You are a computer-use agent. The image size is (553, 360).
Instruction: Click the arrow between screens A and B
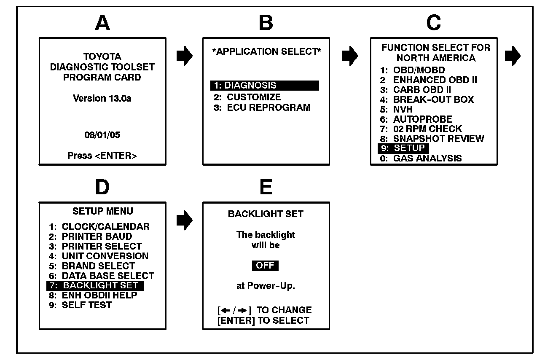[184, 56]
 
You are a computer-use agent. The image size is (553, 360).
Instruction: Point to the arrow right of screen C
[513, 56]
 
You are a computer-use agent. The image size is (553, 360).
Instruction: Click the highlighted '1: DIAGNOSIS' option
[264, 86]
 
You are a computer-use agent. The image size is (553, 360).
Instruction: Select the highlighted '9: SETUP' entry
[403, 148]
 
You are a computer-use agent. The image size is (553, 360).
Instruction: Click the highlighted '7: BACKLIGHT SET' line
[95, 286]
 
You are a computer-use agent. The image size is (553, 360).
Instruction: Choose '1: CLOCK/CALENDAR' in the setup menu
[99, 227]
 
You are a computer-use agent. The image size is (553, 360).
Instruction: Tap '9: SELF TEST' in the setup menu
[80, 305]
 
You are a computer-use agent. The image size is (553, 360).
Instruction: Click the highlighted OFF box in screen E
[265, 266]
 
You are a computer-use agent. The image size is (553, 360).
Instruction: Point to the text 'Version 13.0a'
[102, 99]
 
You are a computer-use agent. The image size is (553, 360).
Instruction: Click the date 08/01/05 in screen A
[102, 136]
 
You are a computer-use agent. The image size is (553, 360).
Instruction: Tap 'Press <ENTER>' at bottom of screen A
[102, 156]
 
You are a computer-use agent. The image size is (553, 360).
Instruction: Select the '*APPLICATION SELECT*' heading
[266, 52]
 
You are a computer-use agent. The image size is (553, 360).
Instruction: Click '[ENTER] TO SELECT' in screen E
[263, 320]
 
